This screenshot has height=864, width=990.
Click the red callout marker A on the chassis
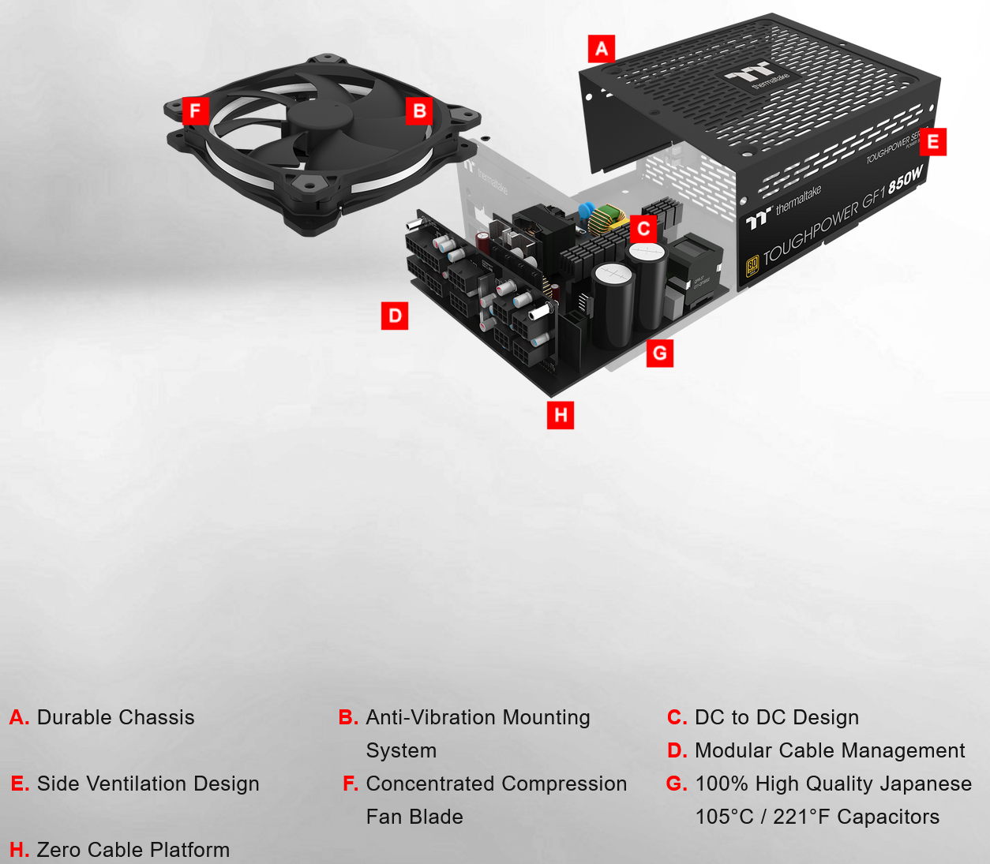[x=602, y=48]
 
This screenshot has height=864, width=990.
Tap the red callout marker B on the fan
[x=419, y=110]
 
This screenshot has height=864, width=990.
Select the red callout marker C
[x=643, y=229]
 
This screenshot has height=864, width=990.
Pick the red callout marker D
[x=395, y=316]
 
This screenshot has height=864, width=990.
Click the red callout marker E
[x=933, y=142]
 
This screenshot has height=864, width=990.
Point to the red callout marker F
[x=196, y=110]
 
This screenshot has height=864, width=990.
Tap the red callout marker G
[x=660, y=353]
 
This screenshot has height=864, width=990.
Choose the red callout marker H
[x=561, y=415]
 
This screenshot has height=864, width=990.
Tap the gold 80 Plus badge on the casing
[x=752, y=265]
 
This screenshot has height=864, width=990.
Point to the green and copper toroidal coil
[x=605, y=222]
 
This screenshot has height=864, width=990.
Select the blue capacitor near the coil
[x=587, y=211]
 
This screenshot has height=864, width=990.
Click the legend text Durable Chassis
[x=115, y=717]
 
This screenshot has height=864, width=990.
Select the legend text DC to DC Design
[x=777, y=717]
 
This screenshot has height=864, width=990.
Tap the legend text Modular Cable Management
[x=830, y=750]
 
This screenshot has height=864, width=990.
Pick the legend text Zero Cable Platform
[x=133, y=850]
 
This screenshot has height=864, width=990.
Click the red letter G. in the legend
[x=677, y=784]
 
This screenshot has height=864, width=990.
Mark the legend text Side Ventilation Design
[x=148, y=784]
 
